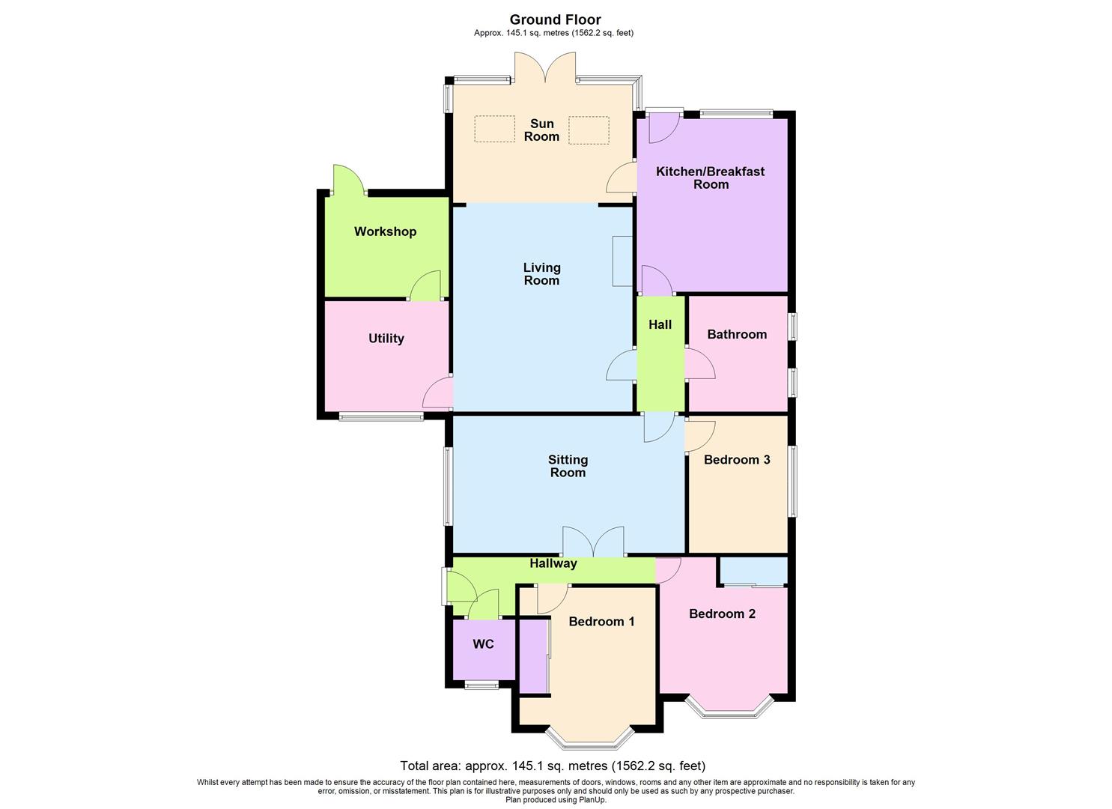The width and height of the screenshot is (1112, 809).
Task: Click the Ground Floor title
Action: (x=555, y=19)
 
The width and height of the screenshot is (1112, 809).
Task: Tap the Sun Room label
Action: (x=541, y=130)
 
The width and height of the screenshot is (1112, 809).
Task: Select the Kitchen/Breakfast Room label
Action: (x=710, y=178)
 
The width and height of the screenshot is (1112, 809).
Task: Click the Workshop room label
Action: (x=385, y=231)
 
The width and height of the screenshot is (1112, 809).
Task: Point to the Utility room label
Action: (x=386, y=339)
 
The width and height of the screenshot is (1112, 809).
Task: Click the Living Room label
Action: (x=541, y=273)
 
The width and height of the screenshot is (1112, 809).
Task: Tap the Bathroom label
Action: (x=737, y=334)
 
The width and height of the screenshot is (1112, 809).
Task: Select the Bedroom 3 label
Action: (x=737, y=459)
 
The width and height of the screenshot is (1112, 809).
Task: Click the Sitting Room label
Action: (x=568, y=466)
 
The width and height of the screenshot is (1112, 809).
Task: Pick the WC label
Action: (x=483, y=644)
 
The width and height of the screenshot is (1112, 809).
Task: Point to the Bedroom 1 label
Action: (x=601, y=621)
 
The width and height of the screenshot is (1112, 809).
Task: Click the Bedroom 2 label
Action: (x=722, y=613)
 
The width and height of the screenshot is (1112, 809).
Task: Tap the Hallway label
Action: (x=553, y=563)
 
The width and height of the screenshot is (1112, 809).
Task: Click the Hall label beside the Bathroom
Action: (x=660, y=324)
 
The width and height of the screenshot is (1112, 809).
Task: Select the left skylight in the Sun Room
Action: (x=494, y=129)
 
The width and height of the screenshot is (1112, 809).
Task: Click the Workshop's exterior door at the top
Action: (x=347, y=180)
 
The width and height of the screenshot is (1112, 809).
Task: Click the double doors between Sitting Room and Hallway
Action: (x=593, y=542)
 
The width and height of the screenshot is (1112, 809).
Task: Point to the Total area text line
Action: (x=553, y=766)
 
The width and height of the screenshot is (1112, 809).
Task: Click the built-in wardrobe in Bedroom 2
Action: (x=753, y=571)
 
